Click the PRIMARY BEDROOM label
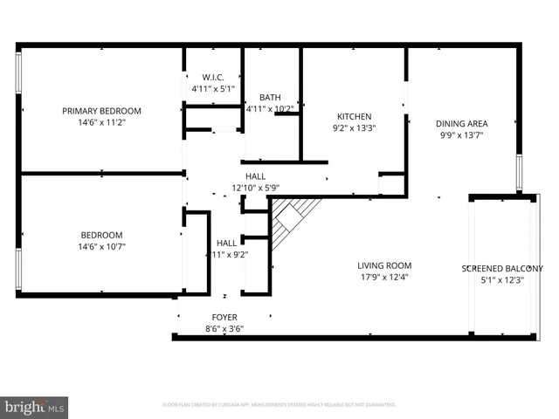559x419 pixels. [101, 111]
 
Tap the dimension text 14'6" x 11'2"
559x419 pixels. [101, 123]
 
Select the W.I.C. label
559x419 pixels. [213, 77]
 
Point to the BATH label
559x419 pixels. [270, 97]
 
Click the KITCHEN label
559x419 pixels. [355, 116]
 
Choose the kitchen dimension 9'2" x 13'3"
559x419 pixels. [355, 128]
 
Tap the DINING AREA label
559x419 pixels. [461, 123]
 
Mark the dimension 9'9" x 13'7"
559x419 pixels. [461, 135]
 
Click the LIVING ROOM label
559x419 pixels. [384, 265]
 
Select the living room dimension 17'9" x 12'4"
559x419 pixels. [384, 278]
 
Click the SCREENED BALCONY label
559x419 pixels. [501, 269]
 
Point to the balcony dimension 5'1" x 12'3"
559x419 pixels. [501, 280]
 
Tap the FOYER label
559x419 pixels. [224, 317]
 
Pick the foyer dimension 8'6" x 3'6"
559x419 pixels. [224, 329]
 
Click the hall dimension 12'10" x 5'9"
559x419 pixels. [255, 188]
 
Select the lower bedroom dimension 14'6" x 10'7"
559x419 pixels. [101, 247]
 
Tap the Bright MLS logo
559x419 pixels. [35, 407]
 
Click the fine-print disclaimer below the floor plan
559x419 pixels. [279, 405]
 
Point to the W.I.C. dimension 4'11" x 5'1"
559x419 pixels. [213, 89]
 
